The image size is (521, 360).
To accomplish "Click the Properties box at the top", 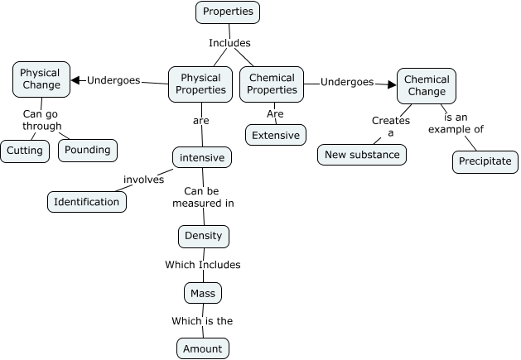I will pyautogui.click(x=228, y=12).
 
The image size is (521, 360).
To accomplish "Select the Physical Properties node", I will pyautogui.click(x=200, y=84).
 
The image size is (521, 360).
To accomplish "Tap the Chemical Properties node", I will pyautogui.click(x=272, y=84).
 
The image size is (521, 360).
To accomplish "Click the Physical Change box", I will pyautogui.click(x=41, y=79).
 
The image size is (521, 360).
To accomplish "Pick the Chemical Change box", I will pyautogui.click(x=427, y=84).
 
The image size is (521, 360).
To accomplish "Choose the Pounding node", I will pyautogui.click(x=88, y=151).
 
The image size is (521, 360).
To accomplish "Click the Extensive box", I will pyautogui.click(x=276, y=134).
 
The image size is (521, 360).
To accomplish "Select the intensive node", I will pyautogui.click(x=202, y=156).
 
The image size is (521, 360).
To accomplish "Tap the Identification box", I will pyautogui.click(x=87, y=201).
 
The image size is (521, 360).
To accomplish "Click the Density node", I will pyautogui.click(x=203, y=236).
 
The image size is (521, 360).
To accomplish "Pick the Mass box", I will pyautogui.click(x=203, y=293).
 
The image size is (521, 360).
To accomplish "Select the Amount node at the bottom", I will pyautogui.click(x=203, y=348).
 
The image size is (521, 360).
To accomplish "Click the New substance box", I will pyautogui.click(x=362, y=155).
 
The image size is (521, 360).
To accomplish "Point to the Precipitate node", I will pyautogui.click(x=485, y=161).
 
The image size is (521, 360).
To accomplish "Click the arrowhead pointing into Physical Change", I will pyautogui.click(x=76, y=80).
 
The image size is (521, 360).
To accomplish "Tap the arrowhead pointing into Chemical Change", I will pyautogui.click(x=392, y=83).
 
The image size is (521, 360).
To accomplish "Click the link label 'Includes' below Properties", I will pyautogui.click(x=229, y=43).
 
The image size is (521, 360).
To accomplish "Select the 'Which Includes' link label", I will pyautogui.click(x=202, y=265).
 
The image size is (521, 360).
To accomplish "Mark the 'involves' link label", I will pyautogui.click(x=143, y=179).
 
